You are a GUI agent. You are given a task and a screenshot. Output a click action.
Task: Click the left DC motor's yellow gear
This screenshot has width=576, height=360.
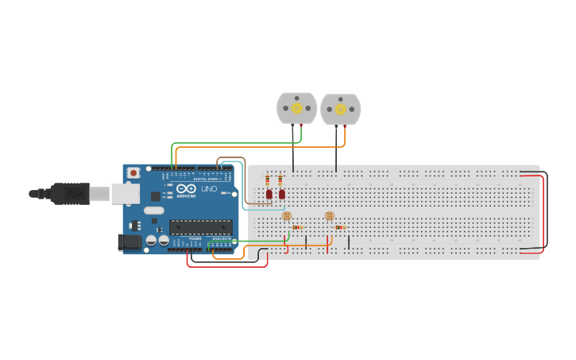point(297,108)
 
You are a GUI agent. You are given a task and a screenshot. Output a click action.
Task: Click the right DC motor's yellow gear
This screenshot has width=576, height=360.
point(341,109)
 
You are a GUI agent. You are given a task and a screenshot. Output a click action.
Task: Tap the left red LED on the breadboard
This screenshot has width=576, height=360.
point(269,194)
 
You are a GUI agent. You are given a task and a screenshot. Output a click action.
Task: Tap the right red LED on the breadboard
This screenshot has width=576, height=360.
point(281,194)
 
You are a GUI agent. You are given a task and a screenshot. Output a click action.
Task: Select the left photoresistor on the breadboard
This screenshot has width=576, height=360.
point(287,215)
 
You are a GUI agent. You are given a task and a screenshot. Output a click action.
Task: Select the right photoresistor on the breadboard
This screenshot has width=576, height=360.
point(330,215)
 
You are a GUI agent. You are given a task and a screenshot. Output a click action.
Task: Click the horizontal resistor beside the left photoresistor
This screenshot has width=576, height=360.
point(297,227)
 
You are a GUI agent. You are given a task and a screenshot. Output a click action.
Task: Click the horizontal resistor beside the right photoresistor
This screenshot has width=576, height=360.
point(340,227)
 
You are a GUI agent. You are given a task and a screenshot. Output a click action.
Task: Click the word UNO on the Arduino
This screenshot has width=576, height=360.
point(208,189)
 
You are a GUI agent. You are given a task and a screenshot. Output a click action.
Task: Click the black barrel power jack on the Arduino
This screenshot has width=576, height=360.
point(129,242)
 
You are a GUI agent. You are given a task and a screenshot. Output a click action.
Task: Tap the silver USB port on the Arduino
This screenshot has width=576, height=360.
point(125,192)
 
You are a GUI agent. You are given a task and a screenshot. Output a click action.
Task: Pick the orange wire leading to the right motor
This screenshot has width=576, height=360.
point(262,147)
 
